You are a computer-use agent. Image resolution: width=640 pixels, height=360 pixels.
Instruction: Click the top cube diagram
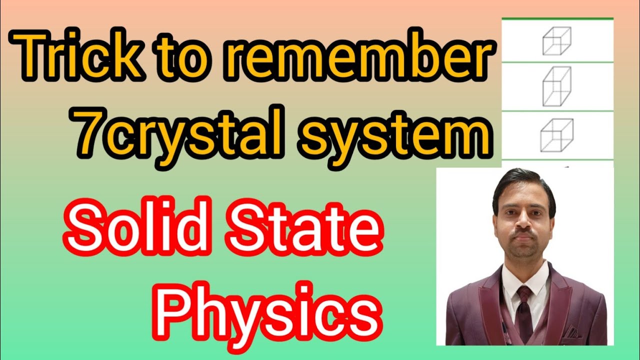556,40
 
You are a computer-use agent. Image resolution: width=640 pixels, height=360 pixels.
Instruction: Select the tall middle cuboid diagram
556,86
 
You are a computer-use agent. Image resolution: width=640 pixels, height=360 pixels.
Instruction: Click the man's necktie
523,310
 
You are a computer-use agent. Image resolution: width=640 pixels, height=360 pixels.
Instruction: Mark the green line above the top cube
557,18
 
